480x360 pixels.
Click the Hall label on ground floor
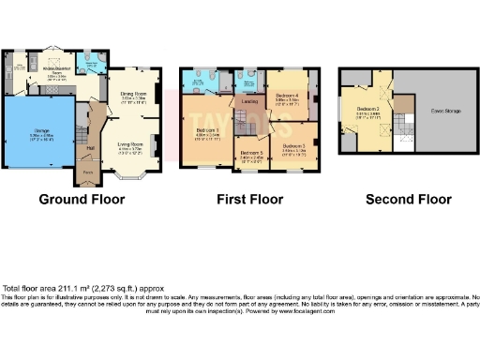click(91, 147)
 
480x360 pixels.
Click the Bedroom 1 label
click(208, 129)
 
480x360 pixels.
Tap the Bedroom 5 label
click(249, 153)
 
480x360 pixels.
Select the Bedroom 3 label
click(294, 145)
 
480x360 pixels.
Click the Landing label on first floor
click(249, 101)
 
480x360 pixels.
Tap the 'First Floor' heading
click(247, 200)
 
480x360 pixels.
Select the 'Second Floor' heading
click(408, 200)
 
